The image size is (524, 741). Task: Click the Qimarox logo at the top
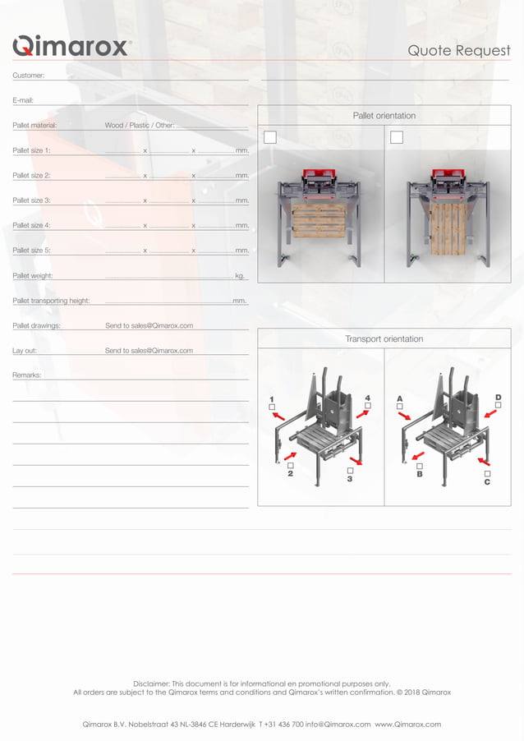click(71, 46)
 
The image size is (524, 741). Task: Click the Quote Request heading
click(459, 51)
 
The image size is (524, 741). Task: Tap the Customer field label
click(29, 76)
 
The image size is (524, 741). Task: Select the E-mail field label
click(23, 100)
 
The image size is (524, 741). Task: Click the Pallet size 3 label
click(32, 200)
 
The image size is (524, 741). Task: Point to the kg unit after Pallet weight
click(239, 276)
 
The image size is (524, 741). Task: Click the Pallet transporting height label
click(51, 301)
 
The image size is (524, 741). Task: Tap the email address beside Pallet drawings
click(149, 326)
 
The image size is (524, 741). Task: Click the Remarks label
click(27, 375)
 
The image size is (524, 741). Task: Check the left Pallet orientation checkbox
click(270, 137)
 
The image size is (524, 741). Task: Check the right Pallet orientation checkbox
click(397, 137)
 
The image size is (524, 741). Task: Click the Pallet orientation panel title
click(384, 116)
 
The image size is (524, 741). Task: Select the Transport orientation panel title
click(384, 338)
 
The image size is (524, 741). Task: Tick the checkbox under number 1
click(272, 407)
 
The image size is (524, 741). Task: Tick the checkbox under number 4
click(367, 406)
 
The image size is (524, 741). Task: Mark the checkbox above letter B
click(420, 466)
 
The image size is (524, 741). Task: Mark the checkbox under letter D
click(498, 406)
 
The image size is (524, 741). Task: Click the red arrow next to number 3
click(355, 460)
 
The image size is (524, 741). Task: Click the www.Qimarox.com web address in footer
click(408, 725)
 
